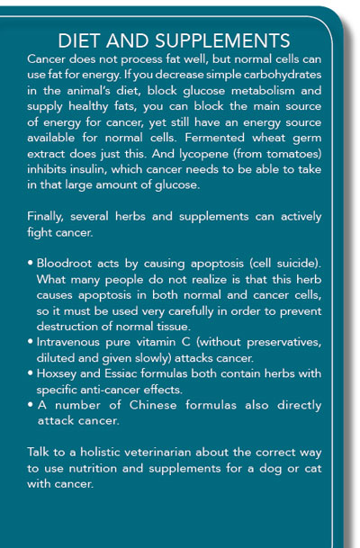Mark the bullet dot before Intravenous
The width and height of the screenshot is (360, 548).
click(32, 353)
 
